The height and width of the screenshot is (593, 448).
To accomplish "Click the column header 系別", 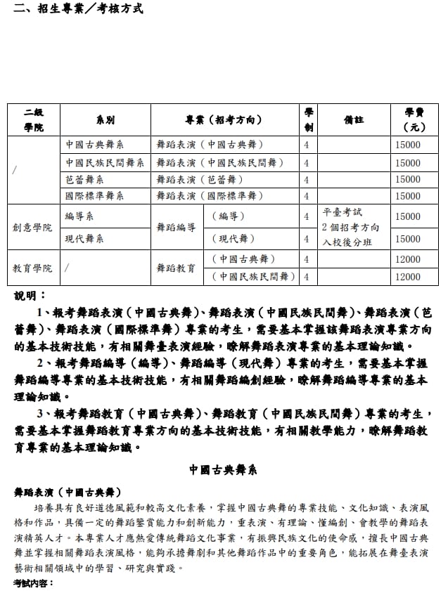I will coord(105,120).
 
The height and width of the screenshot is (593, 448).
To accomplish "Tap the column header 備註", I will coord(353,119).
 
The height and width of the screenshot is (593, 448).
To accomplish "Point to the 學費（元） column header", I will coord(414,119).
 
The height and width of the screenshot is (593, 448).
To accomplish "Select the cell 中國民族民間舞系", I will coord(105,162).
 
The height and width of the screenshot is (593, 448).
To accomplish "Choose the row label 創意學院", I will coord(32,228).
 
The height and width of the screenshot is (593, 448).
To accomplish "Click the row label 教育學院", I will coord(32,268).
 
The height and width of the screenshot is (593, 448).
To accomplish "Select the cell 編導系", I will coord(79,216).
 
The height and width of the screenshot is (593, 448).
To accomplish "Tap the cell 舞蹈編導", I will coord(176,228).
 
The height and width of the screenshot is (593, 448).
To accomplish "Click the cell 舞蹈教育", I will coord(176,268).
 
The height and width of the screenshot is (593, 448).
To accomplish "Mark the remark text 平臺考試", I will coord(342,211).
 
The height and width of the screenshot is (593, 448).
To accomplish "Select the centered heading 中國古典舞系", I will coord(224,469).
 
